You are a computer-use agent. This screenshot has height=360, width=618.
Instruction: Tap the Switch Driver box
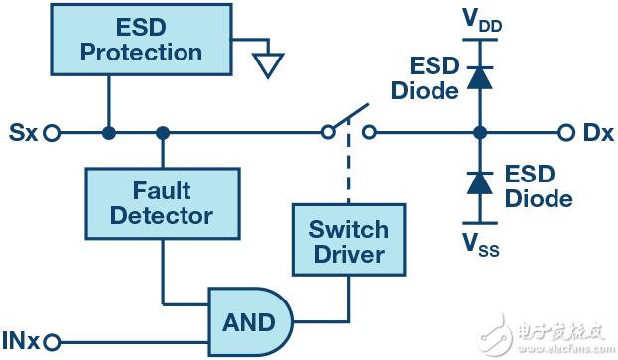(348, 241)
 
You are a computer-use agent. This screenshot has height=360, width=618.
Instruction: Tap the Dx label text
(596, 132)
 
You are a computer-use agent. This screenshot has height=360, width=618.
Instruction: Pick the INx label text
(21, 341)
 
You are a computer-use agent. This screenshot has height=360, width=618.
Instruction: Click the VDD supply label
(481, 20)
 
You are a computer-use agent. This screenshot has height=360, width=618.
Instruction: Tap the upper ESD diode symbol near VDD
(481, 76)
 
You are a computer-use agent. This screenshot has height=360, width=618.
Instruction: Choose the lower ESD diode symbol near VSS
(481, 183)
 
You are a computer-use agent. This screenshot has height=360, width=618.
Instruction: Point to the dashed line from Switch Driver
(348, 169)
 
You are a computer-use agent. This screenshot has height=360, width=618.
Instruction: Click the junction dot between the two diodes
(481, 132)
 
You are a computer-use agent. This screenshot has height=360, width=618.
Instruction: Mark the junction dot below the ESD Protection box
(108, 132)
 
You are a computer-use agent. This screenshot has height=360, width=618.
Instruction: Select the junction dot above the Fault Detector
(162, 132)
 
